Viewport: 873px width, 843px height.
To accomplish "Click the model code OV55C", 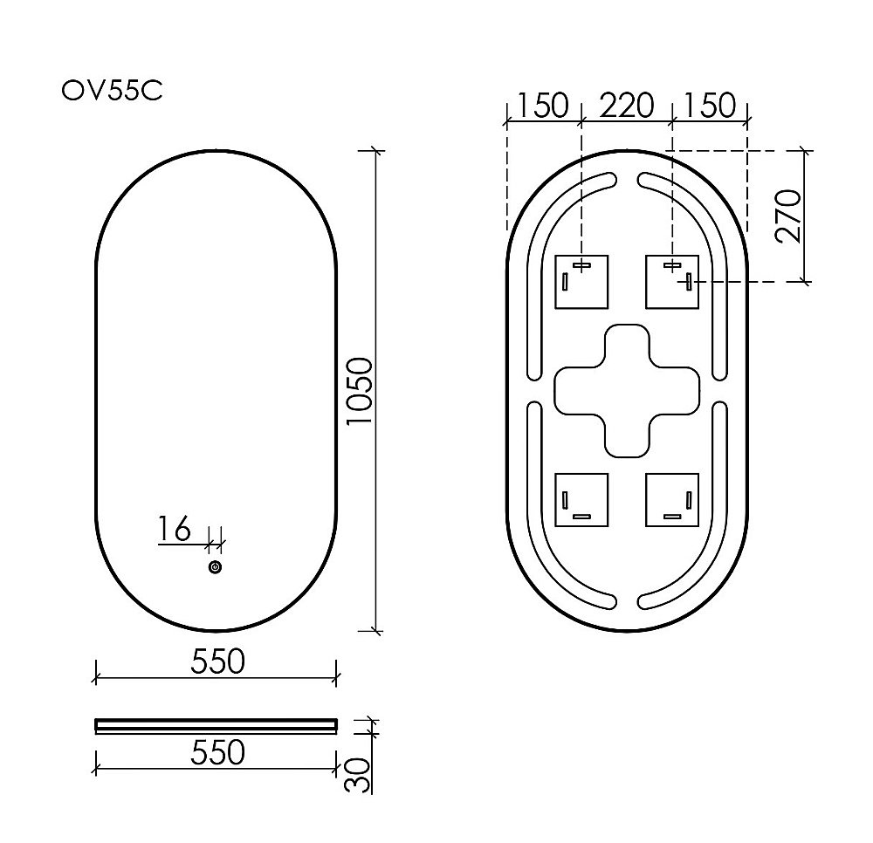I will (112, 91).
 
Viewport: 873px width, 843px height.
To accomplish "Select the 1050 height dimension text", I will (360, 391).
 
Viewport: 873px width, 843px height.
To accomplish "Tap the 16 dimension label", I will (175, 529).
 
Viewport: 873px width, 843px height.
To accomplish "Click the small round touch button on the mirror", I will (216, 568).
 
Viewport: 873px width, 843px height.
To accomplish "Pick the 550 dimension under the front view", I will (217, 662).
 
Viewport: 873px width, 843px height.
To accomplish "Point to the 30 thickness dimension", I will (358, 774).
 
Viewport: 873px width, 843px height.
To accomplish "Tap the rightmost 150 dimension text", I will (709, 106).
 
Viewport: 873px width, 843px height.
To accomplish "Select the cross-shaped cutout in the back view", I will (628, 390).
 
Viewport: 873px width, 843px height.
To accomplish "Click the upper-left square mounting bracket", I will (582, 282).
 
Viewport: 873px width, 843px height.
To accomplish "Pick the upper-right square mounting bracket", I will (671, 282).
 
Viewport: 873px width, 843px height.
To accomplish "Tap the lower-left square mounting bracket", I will (582, 500).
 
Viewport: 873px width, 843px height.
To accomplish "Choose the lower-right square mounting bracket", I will (671, 500).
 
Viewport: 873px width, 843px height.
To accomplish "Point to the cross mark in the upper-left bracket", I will (582, 265).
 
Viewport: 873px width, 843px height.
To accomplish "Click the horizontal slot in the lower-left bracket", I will (582, 517).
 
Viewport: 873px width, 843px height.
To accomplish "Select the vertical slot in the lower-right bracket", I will (689, 500).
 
